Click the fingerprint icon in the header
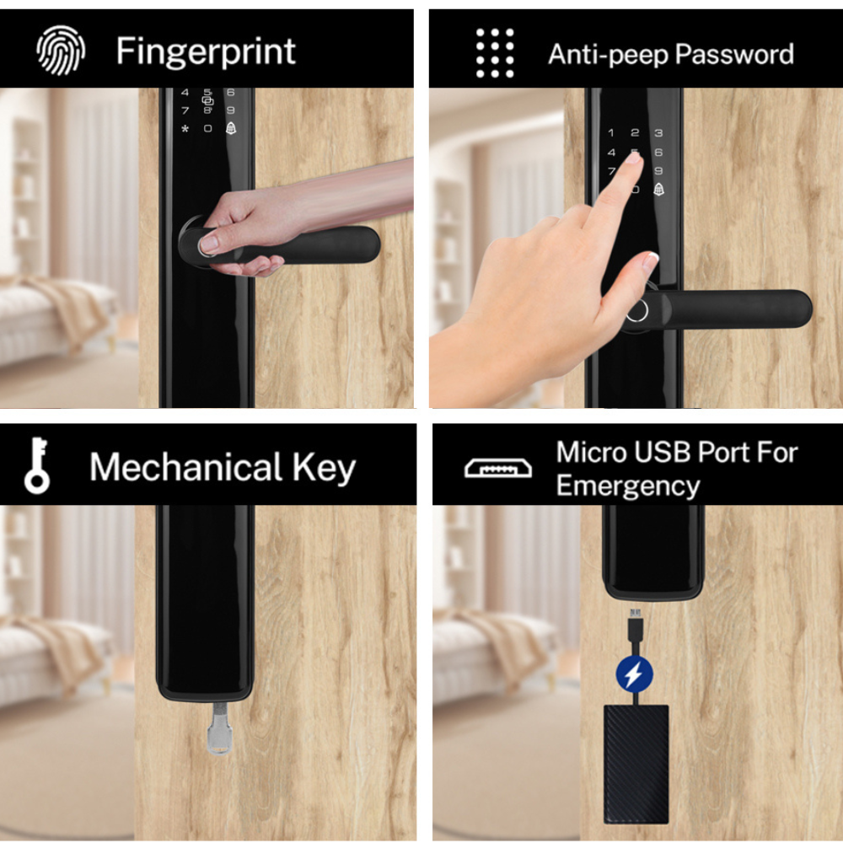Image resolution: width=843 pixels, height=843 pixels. [61, 50]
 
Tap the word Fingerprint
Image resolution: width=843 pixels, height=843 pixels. [206, 52]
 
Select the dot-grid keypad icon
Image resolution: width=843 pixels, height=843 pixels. [495, 52]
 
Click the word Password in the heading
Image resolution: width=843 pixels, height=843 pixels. [734, 54]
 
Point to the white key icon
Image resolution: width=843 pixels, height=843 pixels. [37, 465]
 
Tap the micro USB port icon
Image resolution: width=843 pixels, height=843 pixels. [498, 468]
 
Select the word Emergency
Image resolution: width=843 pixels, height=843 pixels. [628, 487]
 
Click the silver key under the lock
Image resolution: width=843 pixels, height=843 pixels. [219, 728]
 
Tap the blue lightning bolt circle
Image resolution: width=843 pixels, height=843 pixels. [635, 673]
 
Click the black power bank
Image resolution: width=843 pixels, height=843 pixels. [636, 764]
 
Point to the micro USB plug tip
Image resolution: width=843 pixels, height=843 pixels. [636, 612]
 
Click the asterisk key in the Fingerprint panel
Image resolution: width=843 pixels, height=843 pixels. [185, 129]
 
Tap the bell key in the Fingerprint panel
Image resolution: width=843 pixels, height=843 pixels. [231, 128]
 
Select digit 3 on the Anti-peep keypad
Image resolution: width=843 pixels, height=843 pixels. [658, 133]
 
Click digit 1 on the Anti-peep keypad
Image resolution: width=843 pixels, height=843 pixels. [610, 133]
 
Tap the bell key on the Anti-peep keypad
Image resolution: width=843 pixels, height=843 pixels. [658, 189]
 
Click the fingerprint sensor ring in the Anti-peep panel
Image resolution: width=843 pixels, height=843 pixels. [637, 311]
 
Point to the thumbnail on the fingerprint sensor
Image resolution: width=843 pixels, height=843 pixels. [208, 244]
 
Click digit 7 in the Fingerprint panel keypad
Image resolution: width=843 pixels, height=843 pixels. [185, 110]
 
